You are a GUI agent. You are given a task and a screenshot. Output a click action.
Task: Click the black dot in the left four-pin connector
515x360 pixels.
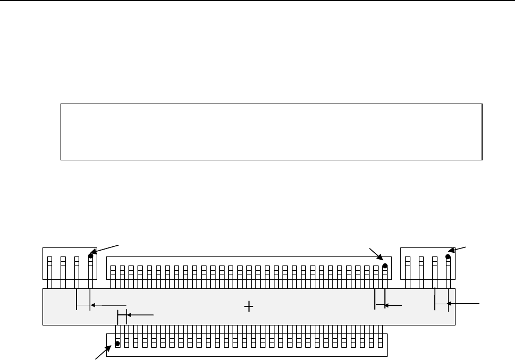pyautogui.click(x=91, y=256)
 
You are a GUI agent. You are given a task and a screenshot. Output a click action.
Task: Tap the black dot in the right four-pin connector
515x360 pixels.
pyautogui.click(x=448, y=256)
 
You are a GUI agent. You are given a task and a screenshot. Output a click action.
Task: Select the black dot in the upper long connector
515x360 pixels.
pyautogui.click(x=385, y=266)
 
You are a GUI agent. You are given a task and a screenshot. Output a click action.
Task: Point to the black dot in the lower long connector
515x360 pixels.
pyautogui.click(x=117, y=344)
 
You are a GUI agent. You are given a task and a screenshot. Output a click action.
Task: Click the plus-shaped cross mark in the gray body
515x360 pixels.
pyautogui.click(x=248, y=306)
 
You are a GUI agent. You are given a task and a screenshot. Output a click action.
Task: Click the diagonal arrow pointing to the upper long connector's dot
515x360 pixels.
pyautogui.click(x=375, y=254)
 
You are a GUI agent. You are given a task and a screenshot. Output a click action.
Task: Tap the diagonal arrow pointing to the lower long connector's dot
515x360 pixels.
pyautogui.click(x=102, y=352)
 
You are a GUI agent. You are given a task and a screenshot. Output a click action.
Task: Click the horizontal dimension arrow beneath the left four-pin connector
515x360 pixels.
pyautogui.click(x=108, y=305)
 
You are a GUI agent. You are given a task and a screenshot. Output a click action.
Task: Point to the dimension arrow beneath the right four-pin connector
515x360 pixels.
pyautogui.click(x=464, y=304)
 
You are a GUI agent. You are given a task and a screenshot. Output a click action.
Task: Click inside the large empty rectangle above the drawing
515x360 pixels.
pyautogui.click(x=271, y=132)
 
